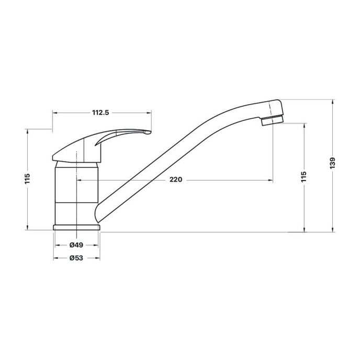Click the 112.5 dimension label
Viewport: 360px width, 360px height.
pyautogui.click(x=100, y=113)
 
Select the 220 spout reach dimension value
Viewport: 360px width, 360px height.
pyautogui.click(x=176, y=179)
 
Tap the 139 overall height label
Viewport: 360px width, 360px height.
pyautogui.click(x=332, y=163)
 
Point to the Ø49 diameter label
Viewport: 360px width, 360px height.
pyautogui.click(x=76, y=245)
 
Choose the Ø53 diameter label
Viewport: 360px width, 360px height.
pyautogui.click(x=76, y=258)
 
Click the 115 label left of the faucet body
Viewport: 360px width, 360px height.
pyautogui.click(x=27, y=178)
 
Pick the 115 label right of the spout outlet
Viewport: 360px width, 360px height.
pyautogui.click(x=303, y=176)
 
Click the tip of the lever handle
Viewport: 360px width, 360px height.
pyautogui.click(x=150, y=132)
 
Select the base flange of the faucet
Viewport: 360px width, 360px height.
pyautogui.click(x=76, y=227)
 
